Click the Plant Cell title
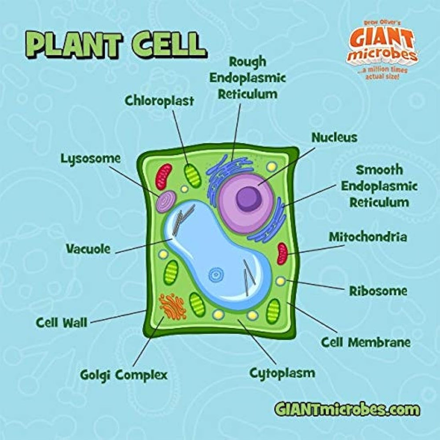[x=116, y=45]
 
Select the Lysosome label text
[x=91, y=159]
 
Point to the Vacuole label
[x=88, y=249]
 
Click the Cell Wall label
[x=62, y=323]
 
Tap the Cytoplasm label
[x=282, y=374]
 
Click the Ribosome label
[x=378, y=291]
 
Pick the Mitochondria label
[x=368, y=237]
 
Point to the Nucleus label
[x=334, y=137]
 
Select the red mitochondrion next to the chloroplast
[x=164, y=176]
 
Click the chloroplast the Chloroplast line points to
[x=193, y=176]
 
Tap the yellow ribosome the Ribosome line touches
[x=281, y=281]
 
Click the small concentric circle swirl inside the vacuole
[x=216, y=275]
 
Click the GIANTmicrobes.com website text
[x=347, y=409]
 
